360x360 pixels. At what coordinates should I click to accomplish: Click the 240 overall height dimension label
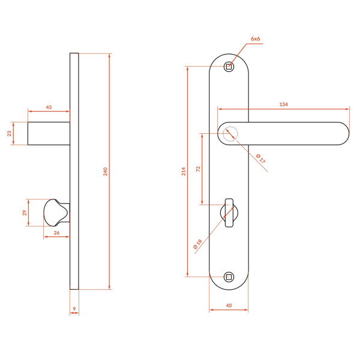click(106, 172)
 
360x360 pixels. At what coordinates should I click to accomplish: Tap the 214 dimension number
click(184, 171)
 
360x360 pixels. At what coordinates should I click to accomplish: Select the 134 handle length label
click(284, 104)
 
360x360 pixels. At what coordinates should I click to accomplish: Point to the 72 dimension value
click(198, 169)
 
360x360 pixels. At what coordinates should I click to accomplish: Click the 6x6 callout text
click(256, 39)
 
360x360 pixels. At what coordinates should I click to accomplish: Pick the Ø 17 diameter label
click(260, 158)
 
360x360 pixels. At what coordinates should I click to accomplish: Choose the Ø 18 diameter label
click(197, 244)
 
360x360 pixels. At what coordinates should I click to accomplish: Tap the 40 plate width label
click(229, 305)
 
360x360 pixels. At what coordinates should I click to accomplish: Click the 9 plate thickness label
click(74, 309)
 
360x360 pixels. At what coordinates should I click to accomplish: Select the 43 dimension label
click(49, 107)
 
